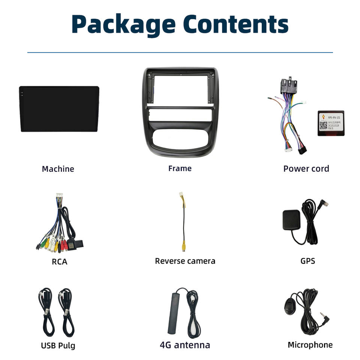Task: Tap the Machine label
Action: point(58,169)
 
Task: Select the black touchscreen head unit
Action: point(59,109)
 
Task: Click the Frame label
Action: point(180,168)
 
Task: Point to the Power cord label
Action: point(306,168)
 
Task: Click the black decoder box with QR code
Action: point(331,123)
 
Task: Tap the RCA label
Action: point(60,261)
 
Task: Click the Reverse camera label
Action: point(185,261)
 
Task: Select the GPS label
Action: point(307,260)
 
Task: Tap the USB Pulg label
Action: point(58,345)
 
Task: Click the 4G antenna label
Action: point(185,345)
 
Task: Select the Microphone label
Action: point(310,345)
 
